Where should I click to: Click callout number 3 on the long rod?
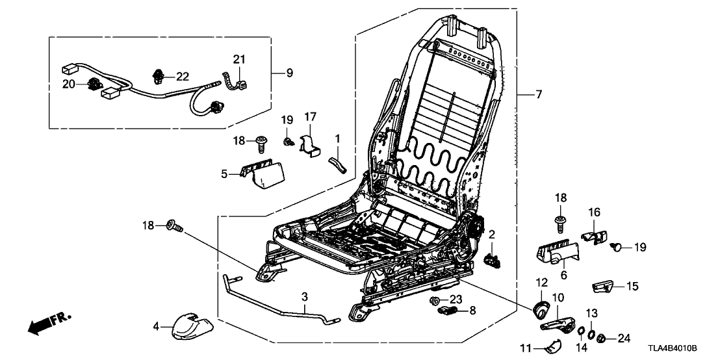pos(304,296)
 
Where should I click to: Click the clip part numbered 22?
pos(158,77)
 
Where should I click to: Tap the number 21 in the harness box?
pos(239,60)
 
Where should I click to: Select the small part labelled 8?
pos(446,311)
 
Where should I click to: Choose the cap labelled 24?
pos(602,337)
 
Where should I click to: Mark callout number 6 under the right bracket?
pos(563,276)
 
